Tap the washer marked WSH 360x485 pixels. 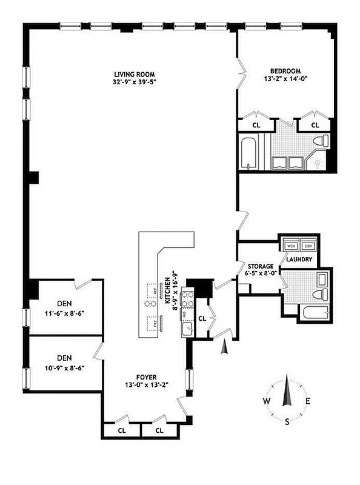(x=291, y=246)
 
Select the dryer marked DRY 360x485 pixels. (x=308, y=246)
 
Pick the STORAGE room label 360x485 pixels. (x=261, y=266)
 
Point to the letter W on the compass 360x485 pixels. (x=266, y=401)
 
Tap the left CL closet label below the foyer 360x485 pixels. (x=121, y=430)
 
